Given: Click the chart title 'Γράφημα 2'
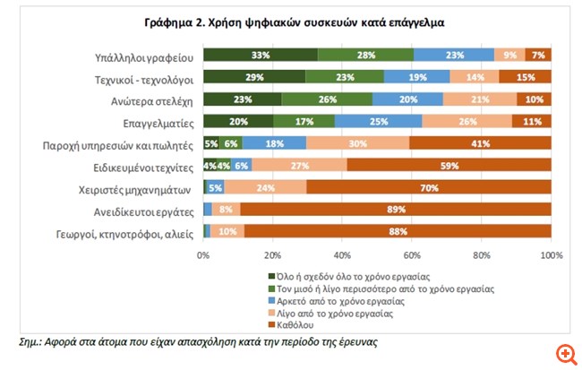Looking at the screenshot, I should (291, 20).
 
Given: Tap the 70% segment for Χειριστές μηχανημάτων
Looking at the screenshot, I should (429, 188).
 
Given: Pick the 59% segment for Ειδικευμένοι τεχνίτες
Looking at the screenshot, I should (449, 166).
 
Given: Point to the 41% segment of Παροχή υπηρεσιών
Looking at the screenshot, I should (480, 143).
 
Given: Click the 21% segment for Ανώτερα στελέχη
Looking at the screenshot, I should (480, 99).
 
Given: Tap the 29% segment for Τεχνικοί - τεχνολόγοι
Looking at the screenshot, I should (254, 78).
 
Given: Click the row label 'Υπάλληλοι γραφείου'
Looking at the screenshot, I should (143, 56).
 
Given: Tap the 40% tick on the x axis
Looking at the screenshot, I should (343, 255).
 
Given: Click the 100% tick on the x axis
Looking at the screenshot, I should (551, 255).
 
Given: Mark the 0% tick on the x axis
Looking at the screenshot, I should (204, 255).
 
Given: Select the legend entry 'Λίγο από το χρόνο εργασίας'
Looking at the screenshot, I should (335, 314).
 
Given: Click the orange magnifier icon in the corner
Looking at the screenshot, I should (566, 354).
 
